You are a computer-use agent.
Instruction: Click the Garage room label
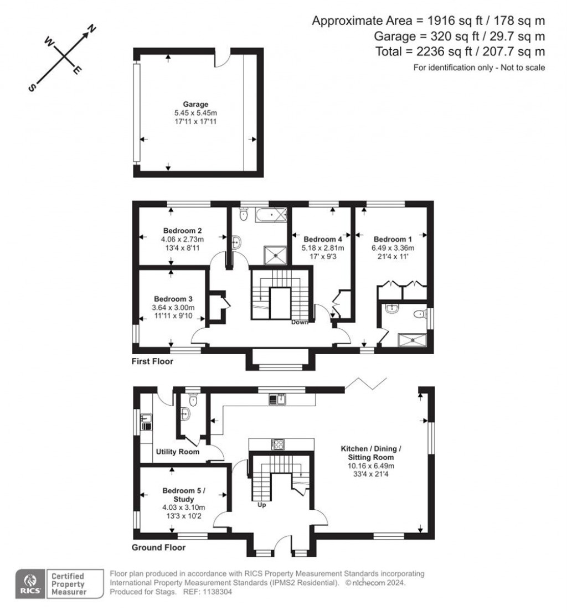(x=195, y=104)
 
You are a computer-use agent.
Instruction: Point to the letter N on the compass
(x=92, y=29)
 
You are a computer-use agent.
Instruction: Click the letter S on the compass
(x=32, y=88)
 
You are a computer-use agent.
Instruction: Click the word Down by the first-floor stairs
(x=300, y=322)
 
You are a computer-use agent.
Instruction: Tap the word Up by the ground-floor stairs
(x=262, y=504)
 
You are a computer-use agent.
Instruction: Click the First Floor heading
(x=152, y=362)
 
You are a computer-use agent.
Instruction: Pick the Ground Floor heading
(x=158, y=548)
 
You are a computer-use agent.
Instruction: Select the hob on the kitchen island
(x=277, y=443)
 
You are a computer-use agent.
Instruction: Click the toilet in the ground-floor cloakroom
(x=193, y=400)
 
